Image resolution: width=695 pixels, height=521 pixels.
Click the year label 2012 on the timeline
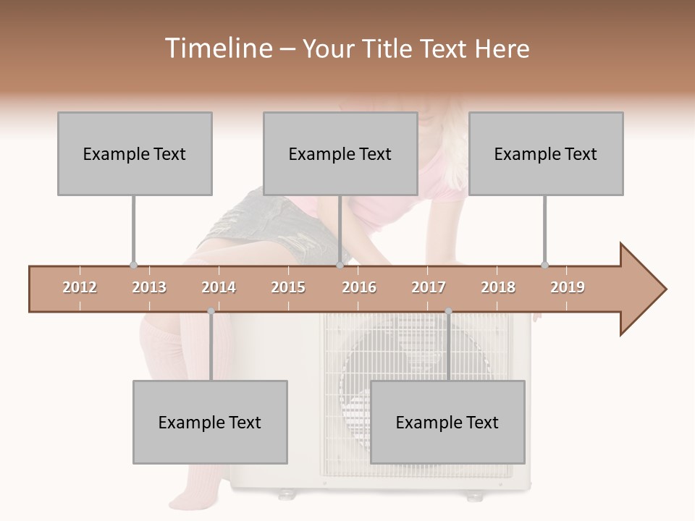click(x=80, y=287)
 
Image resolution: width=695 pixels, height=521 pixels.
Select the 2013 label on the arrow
click(x=149, y=287)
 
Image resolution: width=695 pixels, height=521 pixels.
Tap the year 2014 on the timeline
click(x=219, y=287)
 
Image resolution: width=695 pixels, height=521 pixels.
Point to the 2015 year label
click(x=288, y=287)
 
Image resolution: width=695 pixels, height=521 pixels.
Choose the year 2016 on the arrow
click(x=359, y=287)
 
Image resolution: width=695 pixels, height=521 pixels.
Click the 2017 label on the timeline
click(x=429, y=287)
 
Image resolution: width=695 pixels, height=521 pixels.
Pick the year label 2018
click(x=498, y=287)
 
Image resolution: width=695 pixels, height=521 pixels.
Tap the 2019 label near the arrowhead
click(x=568, y=287)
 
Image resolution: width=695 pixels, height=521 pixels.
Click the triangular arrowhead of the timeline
click(x=641, y=289)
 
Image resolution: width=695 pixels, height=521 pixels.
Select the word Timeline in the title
click(x=216, y=48)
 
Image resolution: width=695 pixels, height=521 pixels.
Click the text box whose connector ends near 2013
click(x=135, y=153)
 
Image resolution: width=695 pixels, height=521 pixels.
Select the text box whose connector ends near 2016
click(x=340, y=153)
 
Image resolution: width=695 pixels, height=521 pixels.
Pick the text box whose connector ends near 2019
click(x=546, y=153)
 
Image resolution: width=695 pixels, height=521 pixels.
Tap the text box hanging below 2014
click(x=210, y=422)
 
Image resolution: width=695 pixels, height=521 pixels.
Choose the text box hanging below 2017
click(x=447, y=422)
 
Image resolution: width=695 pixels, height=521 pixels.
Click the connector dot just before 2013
click(x=133, y=266)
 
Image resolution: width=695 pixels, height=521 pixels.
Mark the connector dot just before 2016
click(x=340, y=266)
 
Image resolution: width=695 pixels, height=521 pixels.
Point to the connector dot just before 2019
click(x=544, y=266)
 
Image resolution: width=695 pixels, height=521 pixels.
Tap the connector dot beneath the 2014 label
click(x=211, y=311)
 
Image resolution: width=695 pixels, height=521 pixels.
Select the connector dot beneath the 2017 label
click(x=448, y=311)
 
